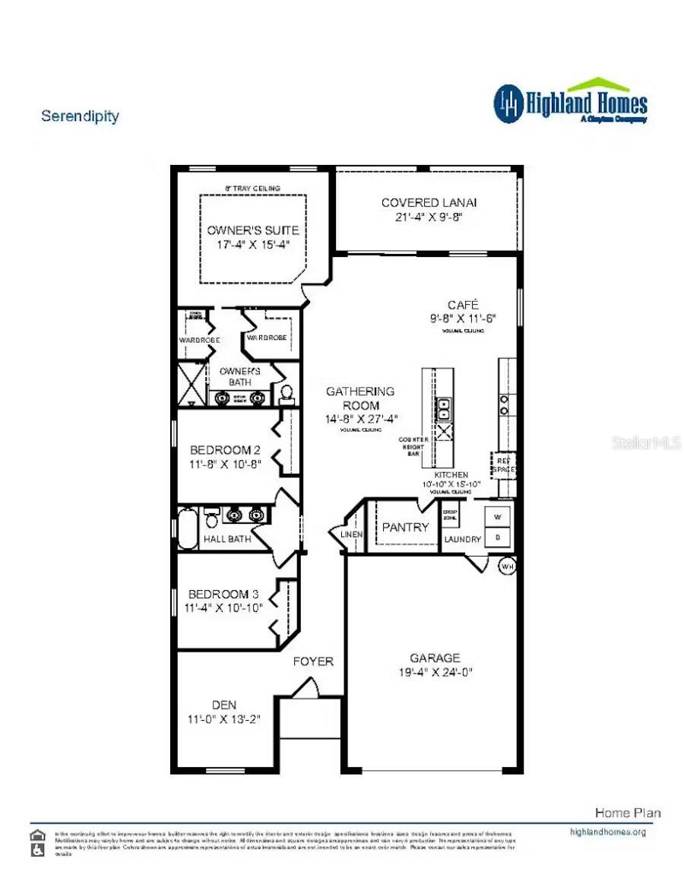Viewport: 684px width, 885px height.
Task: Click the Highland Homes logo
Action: coord(570,102)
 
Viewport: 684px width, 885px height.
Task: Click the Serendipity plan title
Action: coord(80,116)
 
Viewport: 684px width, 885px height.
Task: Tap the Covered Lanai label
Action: coord(429,202)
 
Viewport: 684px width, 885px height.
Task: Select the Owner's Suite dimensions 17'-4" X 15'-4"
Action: coord(253,245)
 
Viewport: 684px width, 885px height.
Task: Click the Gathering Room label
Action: coord(360,392)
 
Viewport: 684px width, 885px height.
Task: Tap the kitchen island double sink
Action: coord(444,408)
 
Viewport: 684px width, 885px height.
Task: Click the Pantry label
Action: coord(404,527)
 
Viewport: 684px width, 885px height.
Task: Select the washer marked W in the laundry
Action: coord(498,516)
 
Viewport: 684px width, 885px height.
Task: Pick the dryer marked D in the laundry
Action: coord(498,536)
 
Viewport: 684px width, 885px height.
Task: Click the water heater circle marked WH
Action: coord(507,566)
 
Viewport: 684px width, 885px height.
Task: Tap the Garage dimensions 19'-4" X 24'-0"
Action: coord(435,672)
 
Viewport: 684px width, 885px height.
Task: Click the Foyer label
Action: coord(313,661)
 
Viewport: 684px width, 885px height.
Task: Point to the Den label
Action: coord(224,705)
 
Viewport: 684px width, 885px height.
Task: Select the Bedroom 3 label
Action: coord(218,594)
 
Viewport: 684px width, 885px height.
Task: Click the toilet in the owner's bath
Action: coord(287,393)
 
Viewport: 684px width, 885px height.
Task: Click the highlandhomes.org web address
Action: coord(607,832)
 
